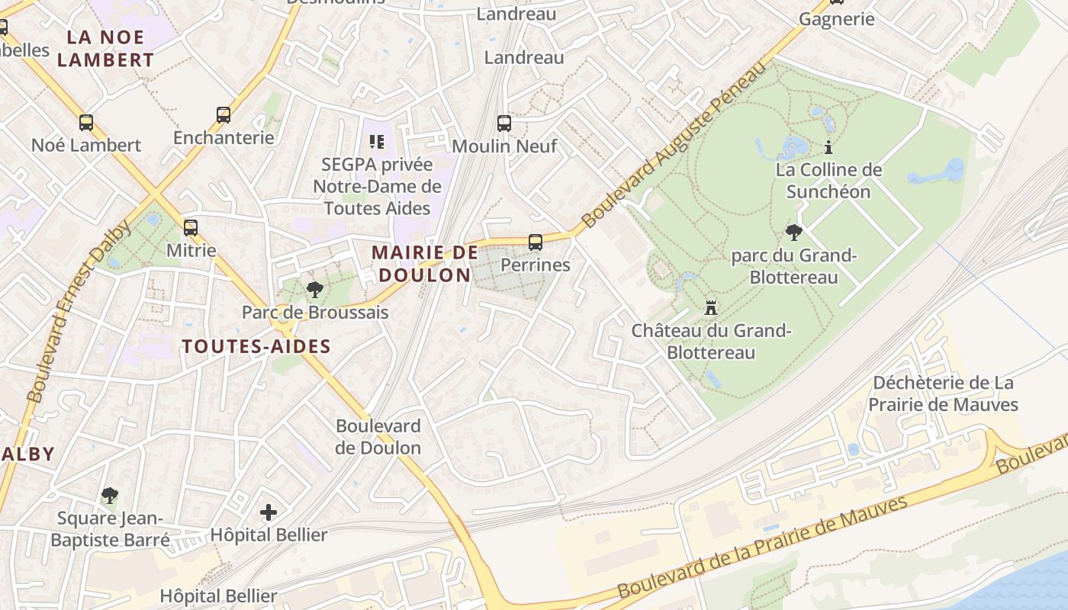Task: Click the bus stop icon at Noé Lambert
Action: click(86, 122)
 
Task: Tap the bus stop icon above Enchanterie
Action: click(224, 115)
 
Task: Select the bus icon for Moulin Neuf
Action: click(504, 123)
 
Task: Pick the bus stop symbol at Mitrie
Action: click(191, 227)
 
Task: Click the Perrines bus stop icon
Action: click(536, 242)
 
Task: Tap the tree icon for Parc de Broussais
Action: click(314, 290)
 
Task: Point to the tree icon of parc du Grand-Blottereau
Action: click(794, 233)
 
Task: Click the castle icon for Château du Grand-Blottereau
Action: click(711, 308)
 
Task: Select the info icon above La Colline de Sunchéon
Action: click(828, 147)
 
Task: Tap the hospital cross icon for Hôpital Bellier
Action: click(269, 512)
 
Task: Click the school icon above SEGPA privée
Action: click(376, 142)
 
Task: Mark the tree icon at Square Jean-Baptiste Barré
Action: click(110, 496)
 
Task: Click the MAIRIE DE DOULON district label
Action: click(424, 264)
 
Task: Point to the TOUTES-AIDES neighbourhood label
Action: click(256, 346)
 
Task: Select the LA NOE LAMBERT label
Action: click(105, 48)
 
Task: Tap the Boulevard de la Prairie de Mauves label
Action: click(763, 547)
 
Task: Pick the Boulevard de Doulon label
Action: click(378, 437)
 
